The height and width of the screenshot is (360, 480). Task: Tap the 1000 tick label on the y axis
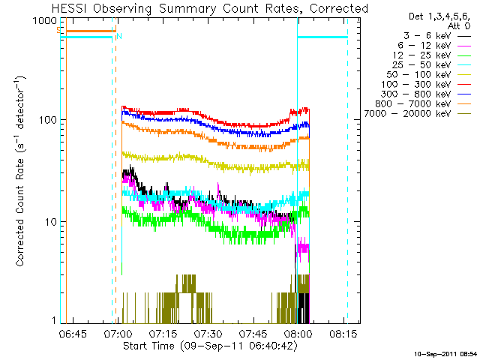point(45,21)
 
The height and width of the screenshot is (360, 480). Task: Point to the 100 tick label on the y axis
point(48,120)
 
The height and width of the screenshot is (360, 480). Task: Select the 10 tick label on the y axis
point(51,222)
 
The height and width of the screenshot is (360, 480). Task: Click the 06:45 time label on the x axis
point(73,334)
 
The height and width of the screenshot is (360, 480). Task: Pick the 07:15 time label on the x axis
point(163,334)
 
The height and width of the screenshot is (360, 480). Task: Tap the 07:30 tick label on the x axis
point(208,334)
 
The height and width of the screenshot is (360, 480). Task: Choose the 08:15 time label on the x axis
point(343,334)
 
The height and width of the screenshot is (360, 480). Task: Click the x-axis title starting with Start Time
point(210,346)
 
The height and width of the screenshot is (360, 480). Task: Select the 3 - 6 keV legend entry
point(437,36)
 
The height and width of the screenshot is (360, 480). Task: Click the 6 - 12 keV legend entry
point(434,46)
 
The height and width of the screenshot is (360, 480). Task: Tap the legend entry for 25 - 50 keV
point(432,65)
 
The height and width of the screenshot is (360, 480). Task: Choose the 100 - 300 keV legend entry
point(426,85)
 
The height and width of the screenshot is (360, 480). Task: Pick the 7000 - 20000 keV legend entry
point(418,114)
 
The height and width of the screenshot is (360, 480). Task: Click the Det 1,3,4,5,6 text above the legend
point(439,16)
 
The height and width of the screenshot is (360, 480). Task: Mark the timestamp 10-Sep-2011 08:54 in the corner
point(445,354)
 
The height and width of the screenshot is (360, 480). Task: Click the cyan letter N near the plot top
point(119,37)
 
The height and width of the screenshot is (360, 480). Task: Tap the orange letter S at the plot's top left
point(58,30)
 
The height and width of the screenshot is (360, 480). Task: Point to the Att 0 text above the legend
point(459,26)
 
